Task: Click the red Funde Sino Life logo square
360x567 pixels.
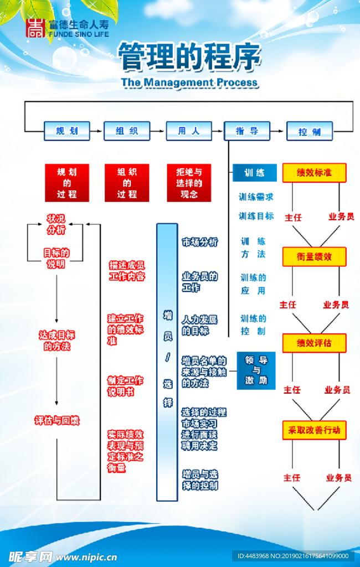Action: pos(37,29)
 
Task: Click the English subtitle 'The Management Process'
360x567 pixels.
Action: pos(189,83)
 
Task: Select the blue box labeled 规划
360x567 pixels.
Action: pos(67,131)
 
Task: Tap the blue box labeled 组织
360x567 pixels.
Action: pos(127,131)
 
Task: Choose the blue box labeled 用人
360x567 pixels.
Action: pos(189,131)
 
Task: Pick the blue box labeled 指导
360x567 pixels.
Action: pos(247,131)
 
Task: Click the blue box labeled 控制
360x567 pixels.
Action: pos(310,132)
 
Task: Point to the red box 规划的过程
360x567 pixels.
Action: pos(67,183)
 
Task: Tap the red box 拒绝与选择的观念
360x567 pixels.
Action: pos(189,183)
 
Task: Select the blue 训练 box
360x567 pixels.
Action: pos(254,173)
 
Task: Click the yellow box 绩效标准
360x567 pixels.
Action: pos(314,173)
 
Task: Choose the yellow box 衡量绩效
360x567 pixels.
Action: pos(314,257)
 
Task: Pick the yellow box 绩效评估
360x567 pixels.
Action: pos(314,343)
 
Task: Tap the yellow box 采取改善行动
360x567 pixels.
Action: pos(314,430)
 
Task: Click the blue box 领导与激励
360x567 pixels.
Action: pos(256,370)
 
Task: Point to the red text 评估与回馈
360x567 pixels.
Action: pos(57,421)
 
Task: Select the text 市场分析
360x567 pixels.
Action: pos(200,242)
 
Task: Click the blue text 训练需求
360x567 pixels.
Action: pos(256,197)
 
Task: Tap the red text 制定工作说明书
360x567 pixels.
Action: pos(125,386)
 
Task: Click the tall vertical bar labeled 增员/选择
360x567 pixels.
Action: pos(167,362)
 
